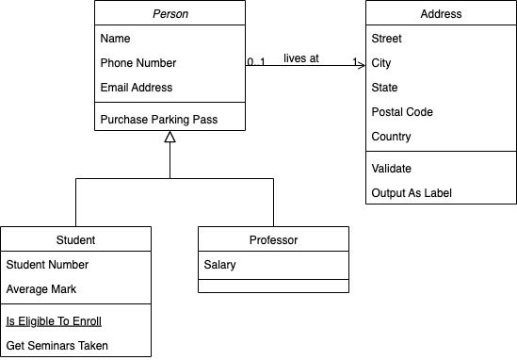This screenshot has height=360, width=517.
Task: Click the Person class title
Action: tap(170, 14)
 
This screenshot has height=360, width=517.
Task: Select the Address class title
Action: tap(441, 14)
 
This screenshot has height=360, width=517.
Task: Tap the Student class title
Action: tap(75, 239)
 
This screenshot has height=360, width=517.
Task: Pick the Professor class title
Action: tap(273, 239)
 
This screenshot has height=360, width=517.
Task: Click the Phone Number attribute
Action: tap(138, 63)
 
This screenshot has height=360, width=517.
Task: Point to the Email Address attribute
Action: tap(137, 88)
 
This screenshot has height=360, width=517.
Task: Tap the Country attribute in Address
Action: tap(391, 137)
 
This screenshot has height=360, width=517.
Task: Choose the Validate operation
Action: tap(393, 169)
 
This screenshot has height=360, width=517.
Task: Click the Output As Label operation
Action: tap(412, 193)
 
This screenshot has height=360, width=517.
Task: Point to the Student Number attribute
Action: tap(47, 265)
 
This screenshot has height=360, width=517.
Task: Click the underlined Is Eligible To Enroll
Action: tap(54, 321)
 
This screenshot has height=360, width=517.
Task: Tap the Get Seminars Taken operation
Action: tap(57, 346)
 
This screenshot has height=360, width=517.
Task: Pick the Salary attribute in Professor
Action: tap(220, 265)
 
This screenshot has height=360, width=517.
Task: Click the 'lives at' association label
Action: tap(301, 58)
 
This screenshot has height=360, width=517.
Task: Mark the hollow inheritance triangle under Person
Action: tap(170, 139)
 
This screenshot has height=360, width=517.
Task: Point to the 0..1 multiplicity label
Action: tap(256, 62)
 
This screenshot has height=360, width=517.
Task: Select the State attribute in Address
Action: tap(386, 88)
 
